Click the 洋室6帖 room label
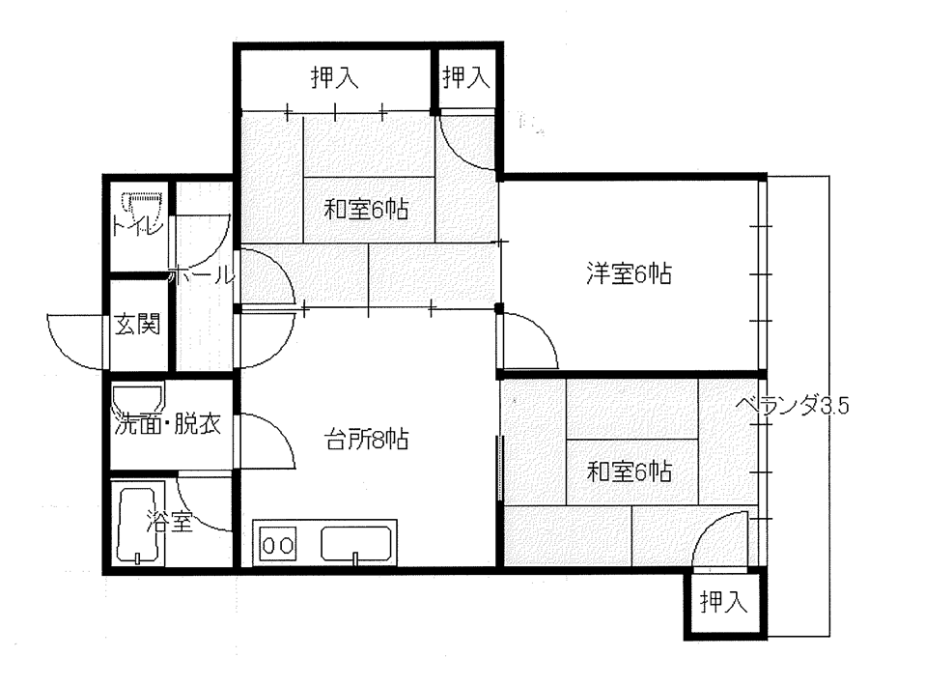(628, 274)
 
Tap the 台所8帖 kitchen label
(365, 441)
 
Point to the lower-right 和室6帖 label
(631, 472)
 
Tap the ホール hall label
(201, 275)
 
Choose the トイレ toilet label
(137, 229)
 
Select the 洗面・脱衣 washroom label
(168, 424)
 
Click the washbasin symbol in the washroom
(138, 398)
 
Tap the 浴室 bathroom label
(170, 524)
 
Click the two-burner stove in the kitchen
(277, 545)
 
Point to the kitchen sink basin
(356, 544)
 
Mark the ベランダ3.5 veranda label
(791, 406)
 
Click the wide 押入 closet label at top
(334, 78)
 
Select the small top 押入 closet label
(466, 78)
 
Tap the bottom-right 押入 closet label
(723, 604)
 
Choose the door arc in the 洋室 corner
(529, 343)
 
